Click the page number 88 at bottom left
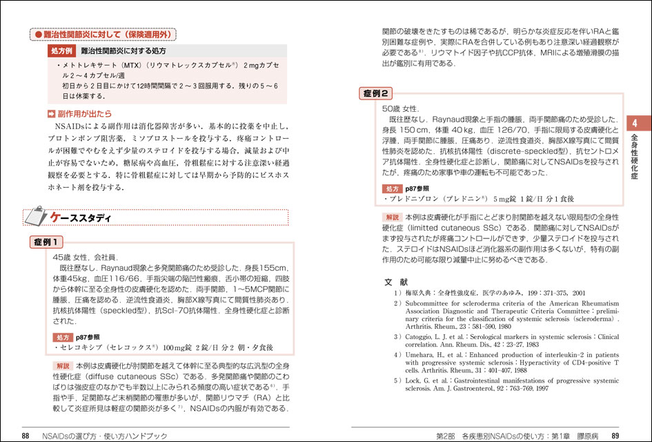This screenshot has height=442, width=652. (x=25, y=435)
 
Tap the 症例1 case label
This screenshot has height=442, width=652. (x=47, y=242)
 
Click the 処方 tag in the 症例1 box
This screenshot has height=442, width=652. (x=64, y=336)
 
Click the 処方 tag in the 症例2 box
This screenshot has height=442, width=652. (x=393, y=188)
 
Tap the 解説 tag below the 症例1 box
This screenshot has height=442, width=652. (x=63, y=365)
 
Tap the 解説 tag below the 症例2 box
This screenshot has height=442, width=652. (x=393, y=216)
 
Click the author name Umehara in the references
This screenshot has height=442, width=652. (x=422, y=355)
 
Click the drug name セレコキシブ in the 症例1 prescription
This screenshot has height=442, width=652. (x=79, y=347)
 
